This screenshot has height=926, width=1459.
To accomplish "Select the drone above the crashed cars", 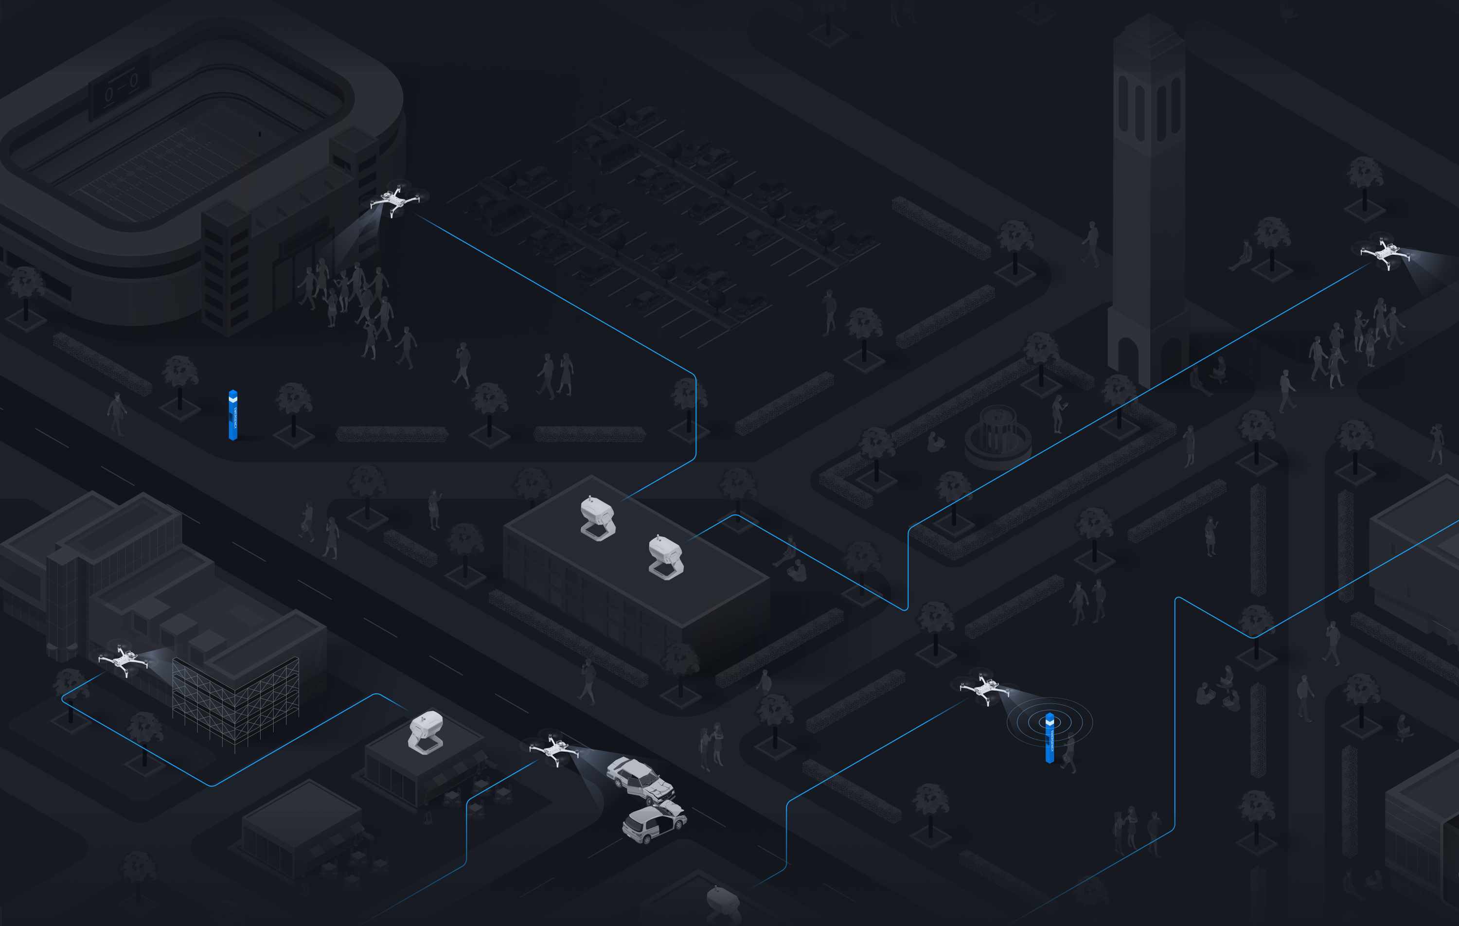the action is [x=554, y=749].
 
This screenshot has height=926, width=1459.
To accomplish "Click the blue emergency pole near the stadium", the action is [x=232, y=415].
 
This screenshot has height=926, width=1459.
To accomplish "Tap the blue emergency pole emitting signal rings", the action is [x=1050, y=737].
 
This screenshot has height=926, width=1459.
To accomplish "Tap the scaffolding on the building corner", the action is [x=235, y=703].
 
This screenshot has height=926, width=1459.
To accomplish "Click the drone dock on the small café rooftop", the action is [x=426, y=732].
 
